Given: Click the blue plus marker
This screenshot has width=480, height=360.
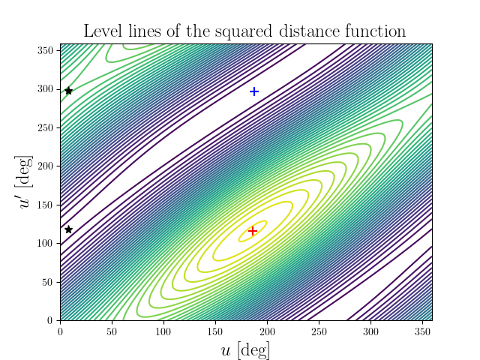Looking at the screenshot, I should (x=253, y=91).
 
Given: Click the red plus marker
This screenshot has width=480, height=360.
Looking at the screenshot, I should (x=253, y=231).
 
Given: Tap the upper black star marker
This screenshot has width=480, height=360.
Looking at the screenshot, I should (x=68, y=91).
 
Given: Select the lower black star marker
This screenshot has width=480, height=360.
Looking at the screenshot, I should (x=68, y=229).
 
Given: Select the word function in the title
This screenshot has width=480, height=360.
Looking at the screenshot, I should (x=374, y=31).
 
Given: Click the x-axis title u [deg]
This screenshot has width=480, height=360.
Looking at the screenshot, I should (x=245, y=349).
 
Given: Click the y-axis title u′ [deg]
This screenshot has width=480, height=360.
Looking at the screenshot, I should (x=27, y=182).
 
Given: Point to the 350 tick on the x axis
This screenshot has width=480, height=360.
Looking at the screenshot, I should (x=421, y=321).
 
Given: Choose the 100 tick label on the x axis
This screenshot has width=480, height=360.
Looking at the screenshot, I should (x=163, y=331).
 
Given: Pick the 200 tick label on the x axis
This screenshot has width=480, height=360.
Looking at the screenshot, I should (x=267, y=331).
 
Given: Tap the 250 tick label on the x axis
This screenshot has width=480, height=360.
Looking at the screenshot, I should (x=318, y=331).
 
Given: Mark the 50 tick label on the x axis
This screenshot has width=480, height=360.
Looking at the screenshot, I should (x=112, y=331).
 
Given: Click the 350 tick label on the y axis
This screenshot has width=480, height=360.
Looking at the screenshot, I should (x=46, y=50).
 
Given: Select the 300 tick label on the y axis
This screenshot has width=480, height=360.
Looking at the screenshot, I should (x=46, y=89).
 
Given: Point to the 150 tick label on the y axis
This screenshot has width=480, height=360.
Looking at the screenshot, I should (x=46, y=205).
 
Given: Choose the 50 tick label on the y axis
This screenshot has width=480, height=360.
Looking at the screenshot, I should (x=48, y=282).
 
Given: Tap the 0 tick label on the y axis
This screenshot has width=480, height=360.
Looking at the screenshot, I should (x=51, y=320).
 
